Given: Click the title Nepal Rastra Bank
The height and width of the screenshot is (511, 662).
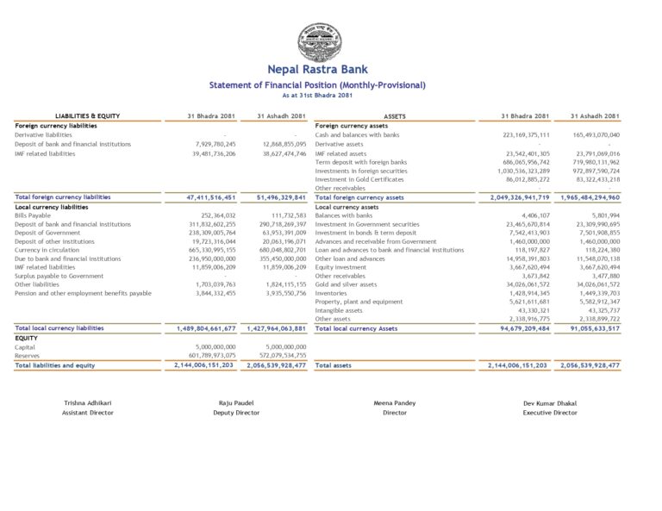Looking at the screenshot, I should pyautogui.click(x=317, y=70).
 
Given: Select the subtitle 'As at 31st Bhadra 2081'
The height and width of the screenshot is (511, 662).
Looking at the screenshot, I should pyautogui.click(x=317, y=95).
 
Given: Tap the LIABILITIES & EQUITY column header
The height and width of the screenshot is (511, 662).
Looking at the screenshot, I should pyautogui.click(x=87, y=115).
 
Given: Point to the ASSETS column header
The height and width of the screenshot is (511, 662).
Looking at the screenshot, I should pyautogui.click(x=395, y=115).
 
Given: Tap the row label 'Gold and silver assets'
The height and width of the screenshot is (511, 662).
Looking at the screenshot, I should pyautogui.click(x=346, y=284).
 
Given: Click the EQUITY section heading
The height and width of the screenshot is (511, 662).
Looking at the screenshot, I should pyautogui.click(x=26, y=338).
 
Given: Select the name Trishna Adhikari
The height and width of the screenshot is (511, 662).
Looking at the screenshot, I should pyautogui.click(x=87, y=403).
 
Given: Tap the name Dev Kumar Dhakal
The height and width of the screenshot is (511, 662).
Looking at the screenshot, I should pyautogui.click(x=550, y=403).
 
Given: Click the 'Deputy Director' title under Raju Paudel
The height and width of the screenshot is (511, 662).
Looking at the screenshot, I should pyautogui.click(x=236, y=413).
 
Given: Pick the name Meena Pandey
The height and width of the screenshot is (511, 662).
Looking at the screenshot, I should pyautogui.click(x=394, y=403).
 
